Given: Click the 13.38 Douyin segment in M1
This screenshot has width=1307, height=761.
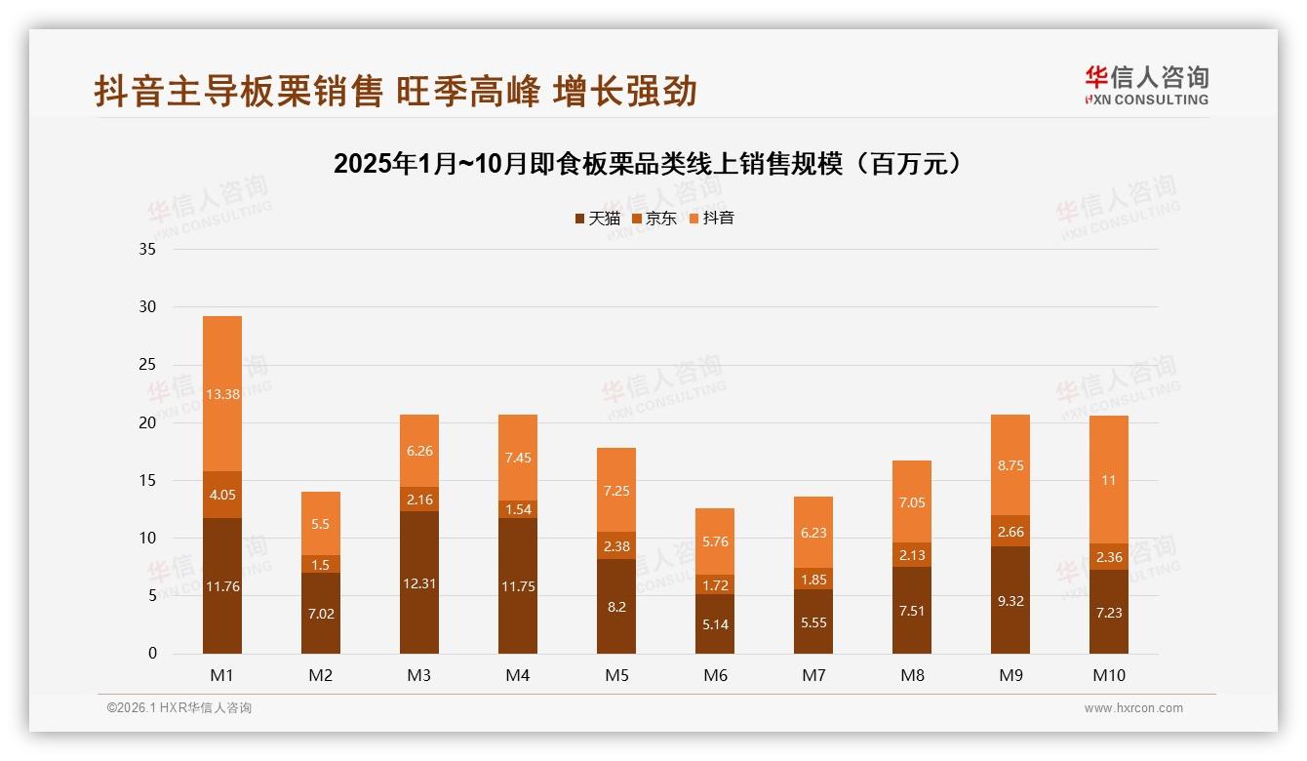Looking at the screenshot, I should point(222,394).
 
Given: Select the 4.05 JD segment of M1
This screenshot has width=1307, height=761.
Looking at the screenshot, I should point(222,495).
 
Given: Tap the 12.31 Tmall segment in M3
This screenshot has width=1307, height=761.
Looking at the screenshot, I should point(419,583).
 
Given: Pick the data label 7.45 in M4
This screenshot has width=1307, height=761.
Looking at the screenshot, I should point(518,458).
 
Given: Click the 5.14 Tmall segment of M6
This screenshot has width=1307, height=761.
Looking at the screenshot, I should point(714,624).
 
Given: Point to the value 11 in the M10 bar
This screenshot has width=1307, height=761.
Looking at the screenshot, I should point(1108,481).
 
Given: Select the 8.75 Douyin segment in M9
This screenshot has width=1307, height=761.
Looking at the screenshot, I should point(1010,466).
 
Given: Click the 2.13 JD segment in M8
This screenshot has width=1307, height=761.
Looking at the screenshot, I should point(911,555).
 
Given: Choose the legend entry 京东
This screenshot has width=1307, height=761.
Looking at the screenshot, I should point(654,219).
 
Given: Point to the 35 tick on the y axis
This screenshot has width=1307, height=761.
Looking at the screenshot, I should point(147,250).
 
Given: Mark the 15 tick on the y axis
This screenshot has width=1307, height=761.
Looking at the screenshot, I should point(147,480).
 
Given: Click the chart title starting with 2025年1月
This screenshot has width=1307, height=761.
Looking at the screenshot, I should point(653,164).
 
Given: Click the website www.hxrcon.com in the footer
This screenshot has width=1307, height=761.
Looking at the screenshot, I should point(1133,708).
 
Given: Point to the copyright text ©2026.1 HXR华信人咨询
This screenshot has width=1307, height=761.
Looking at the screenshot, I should point(179,708).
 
